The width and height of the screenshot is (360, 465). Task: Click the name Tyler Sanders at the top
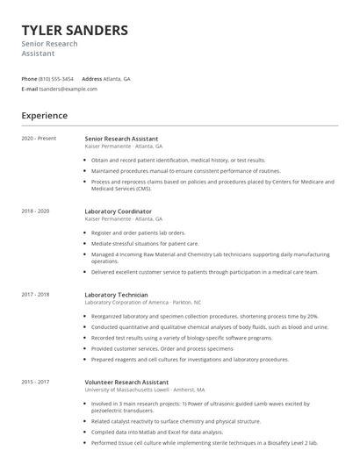pyautogui.click(x=75, y=30)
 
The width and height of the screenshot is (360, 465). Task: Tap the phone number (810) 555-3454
pyautogui.click(x=56, y=78)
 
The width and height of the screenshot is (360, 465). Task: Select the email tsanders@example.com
pyautogui.click(x=68, y=89)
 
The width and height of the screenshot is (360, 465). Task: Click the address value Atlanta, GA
pyautogui.click(x=117, y=78)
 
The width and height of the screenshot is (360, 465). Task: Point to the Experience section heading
pyautogui.click(x=44, y=115)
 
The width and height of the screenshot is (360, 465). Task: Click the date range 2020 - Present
pyautogui.click(x=39, y=139)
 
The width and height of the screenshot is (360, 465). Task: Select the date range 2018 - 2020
pyautogui.click(x=35, y=211)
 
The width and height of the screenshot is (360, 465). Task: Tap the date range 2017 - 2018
pyautogui.click(x=35, y=295)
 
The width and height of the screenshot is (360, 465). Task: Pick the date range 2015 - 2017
pyautogui.click(x=35, y=382)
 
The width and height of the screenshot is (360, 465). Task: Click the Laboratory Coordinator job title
pyautogui.click(x=118, y=211)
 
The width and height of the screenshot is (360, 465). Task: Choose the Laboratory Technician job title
pyautogui.click(x=116, y=295)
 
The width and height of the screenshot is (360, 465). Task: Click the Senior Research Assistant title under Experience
pyautogui.click(x=121, y=139)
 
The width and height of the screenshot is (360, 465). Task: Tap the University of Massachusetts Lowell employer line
pyautogui.click(x=145, y=390)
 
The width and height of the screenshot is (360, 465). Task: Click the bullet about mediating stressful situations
pyautogui.click(x=146, y=243)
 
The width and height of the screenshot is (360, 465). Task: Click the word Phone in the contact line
pyautogui.click(x=29, y=78)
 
